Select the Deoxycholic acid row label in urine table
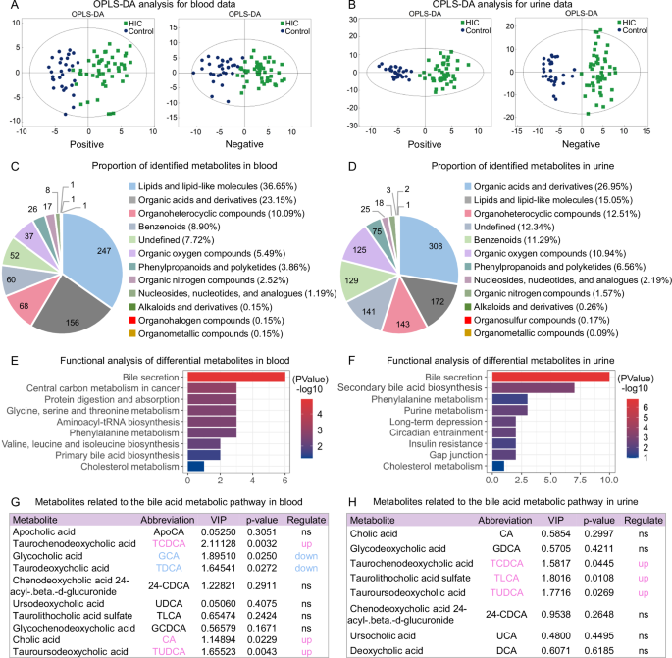pyautogui.click(x=389, y=649)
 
